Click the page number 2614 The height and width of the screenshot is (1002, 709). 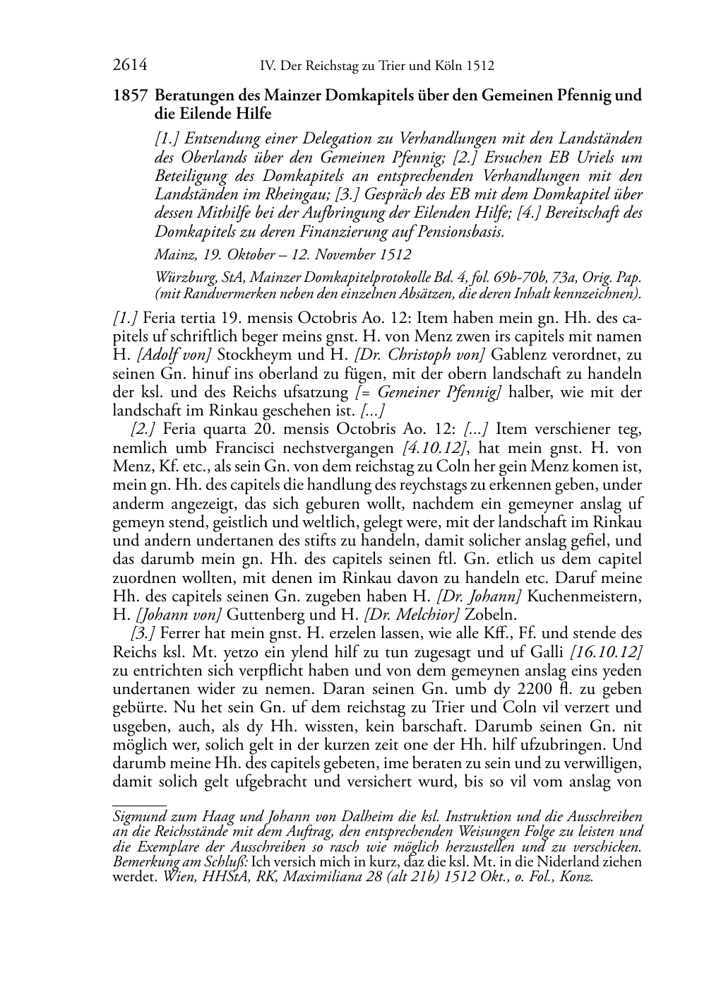(130, 66)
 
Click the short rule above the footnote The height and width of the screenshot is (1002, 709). (139, 804)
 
